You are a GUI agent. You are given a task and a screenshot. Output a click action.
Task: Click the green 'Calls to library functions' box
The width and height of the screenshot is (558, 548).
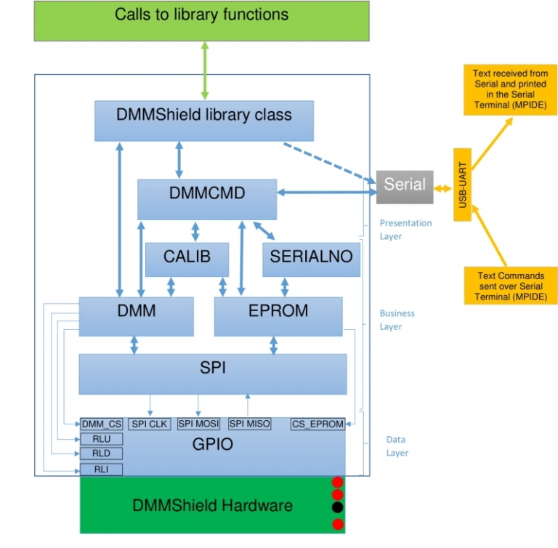201,20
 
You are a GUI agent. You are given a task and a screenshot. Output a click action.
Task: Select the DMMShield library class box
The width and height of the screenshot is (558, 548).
204,121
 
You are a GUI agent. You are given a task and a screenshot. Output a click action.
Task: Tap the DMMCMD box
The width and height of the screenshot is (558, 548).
207,198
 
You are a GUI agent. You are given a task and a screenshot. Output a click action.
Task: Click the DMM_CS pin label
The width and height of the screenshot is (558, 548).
102,424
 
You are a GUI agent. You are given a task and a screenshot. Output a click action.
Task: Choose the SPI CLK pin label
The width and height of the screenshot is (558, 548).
150,424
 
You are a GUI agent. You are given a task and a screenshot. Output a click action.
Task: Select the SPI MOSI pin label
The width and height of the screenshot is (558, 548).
198,424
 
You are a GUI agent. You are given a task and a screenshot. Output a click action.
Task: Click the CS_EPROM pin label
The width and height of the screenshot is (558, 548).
318,424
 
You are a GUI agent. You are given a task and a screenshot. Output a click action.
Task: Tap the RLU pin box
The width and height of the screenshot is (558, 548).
102,439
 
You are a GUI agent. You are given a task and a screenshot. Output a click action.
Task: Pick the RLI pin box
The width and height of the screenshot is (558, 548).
102,470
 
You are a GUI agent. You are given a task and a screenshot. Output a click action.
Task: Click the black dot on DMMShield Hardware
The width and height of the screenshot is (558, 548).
336,507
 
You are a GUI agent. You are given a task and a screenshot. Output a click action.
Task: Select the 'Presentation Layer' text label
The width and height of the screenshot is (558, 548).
405,229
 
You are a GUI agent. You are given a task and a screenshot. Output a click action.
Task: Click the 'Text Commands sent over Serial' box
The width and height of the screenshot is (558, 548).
510,286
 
